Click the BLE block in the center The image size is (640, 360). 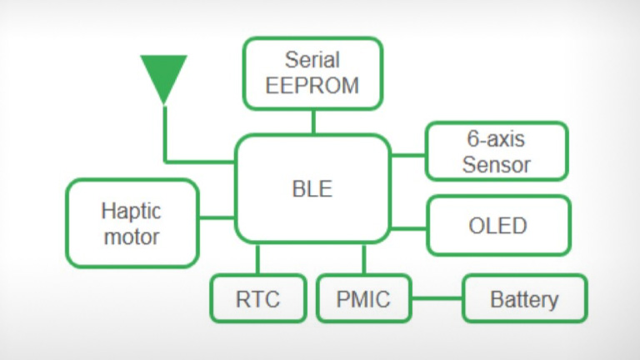point(312,189)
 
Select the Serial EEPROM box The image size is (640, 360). point(313,72)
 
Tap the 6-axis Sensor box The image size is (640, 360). point(497,151)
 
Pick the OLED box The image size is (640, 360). point(498,225)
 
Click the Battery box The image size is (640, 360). point(524,298)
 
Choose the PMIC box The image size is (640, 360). point(364,298)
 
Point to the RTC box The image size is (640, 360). point(257,298)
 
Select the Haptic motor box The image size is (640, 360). point(132,222)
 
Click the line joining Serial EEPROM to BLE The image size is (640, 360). point(313,122)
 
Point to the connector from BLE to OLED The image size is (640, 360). point(408,227)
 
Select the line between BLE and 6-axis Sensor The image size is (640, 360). point(407,154)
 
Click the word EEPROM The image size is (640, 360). point(313,85)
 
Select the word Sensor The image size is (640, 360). point(497,163)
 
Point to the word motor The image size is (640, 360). point(132,236)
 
